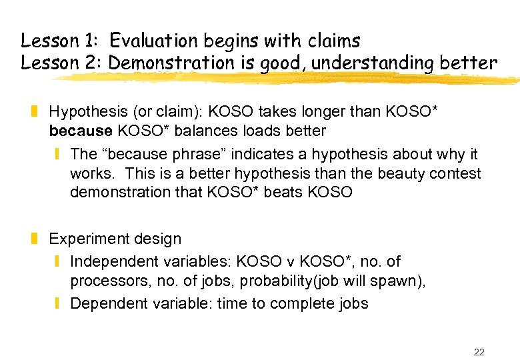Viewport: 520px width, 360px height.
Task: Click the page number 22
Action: tap(479, 352)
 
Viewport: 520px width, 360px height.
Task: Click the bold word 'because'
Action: tap(80, 130)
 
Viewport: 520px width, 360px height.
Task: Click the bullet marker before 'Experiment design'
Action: tap(40, 239)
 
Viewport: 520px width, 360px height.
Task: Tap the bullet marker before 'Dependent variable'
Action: tap(59, 303)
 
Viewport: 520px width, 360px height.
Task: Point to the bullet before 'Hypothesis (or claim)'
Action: tap(40, 111)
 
